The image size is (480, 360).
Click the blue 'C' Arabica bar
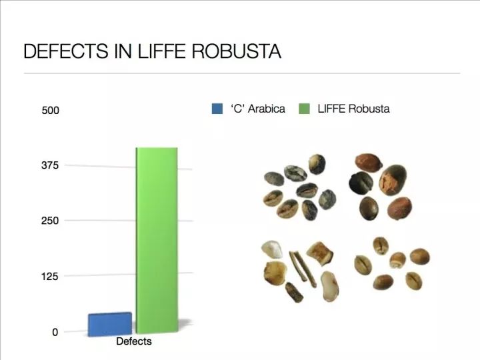(110, 324)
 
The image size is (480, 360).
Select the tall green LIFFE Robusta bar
(157, 241)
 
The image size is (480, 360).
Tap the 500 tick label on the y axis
(50, 110)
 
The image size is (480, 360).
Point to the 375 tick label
(50, 165)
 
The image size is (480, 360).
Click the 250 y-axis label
(50, 221)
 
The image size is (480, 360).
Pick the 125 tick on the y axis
(50, 277)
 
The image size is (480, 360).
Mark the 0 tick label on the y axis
(55, 332)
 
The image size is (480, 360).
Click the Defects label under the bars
(134, 341)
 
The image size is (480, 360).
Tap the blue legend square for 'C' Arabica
(217, 109)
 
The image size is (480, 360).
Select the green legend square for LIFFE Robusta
(304, 109)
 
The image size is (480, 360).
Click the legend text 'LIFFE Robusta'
(353, 109)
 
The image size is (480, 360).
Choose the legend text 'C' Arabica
(258, 109)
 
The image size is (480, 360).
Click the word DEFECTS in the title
(66, 51)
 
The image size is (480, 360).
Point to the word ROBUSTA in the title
(236, 51)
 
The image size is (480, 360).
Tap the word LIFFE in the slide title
(161, 51)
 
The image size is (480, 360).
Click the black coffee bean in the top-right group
(361, 183)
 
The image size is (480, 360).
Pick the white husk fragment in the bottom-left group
(272, 249)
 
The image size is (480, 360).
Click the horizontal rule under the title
(242, 73)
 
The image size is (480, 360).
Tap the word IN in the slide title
(123, 51)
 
